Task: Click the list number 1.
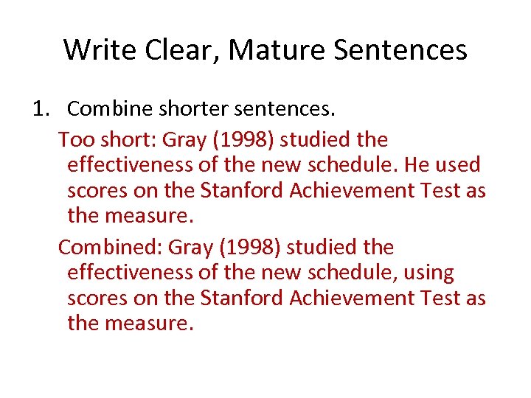40,109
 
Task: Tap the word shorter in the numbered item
192,109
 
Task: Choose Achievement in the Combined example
355,298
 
